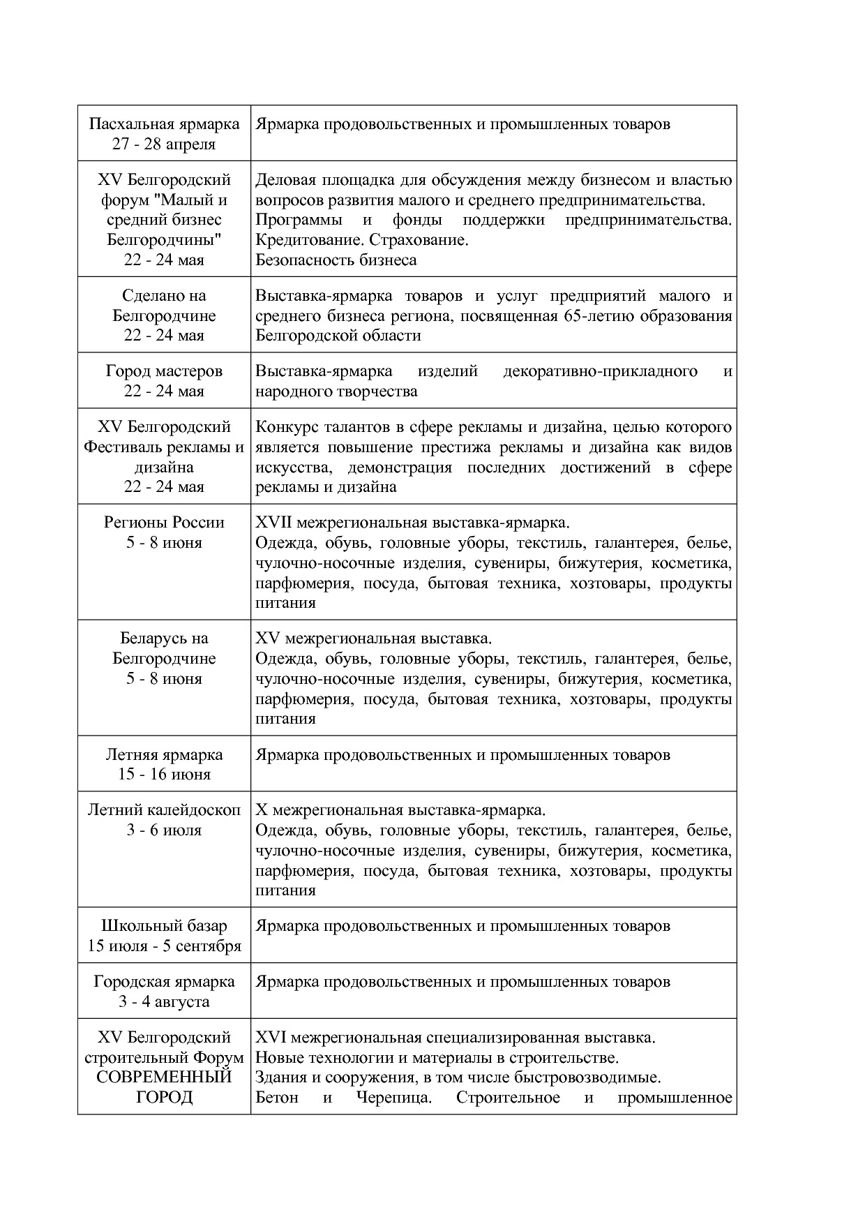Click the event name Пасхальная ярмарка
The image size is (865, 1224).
point(164,124)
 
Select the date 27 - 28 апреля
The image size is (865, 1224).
point(164,144)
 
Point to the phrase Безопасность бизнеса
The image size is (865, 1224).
point(336,260)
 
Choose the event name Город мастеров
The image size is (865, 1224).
point(164,371)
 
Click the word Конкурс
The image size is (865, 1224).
point(285,427)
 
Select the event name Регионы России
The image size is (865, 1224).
point(164,523)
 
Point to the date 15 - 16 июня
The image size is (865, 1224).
point(164,775)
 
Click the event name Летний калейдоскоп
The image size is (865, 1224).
point(164,810)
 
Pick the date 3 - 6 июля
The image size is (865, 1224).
point(164,830)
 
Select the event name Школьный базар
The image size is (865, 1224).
point(164,926)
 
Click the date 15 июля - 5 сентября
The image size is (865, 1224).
point(164,946)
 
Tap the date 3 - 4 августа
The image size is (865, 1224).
point(164,1002)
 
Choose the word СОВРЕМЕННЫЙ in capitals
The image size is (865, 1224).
point(164,1077)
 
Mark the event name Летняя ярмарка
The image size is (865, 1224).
point(164,754)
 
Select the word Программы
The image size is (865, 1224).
point(298,220)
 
